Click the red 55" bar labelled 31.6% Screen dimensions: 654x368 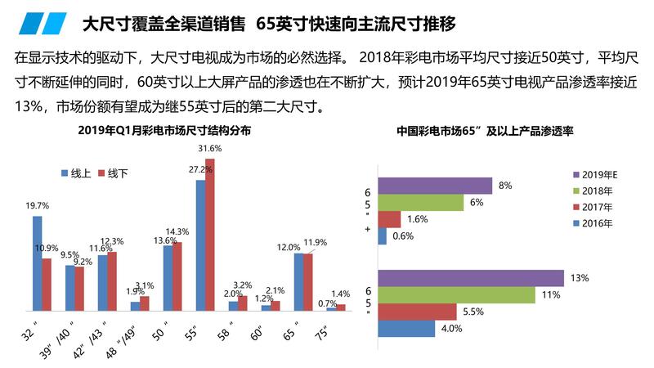[210, 235]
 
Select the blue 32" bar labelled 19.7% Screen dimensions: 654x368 [37, 263]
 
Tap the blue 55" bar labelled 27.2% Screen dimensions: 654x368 [200, 246]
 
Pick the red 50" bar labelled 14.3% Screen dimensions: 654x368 [177, 276]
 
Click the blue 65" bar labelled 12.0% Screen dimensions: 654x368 [298, 282]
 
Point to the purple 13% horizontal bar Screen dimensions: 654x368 [471, 278]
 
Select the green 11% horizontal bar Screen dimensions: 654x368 [456, 295]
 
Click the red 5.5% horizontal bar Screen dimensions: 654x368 [417, 312]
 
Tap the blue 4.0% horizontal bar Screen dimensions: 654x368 [406, 329]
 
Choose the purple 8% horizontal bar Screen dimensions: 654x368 [435, 186]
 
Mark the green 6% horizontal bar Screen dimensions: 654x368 [420, 202]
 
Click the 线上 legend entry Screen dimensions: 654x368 [76, 173]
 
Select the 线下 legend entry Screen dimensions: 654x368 [113, 173]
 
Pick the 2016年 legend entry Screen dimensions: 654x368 [593, 223]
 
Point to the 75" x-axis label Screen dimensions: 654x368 [321, 334]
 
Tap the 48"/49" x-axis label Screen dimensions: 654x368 [121, 341]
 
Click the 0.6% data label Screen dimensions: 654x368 [403, 236]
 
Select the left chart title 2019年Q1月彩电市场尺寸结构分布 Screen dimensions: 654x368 [164, 131]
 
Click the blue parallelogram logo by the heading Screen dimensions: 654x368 [43, 24]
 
